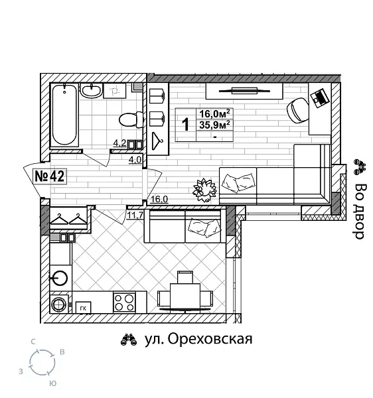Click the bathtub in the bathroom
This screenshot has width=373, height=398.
[x=64, y=115]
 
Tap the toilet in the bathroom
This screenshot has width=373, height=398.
[x=130, y=119]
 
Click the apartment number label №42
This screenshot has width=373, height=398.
[x=48, y=176]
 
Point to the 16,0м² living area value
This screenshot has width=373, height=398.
[x=216, y=113]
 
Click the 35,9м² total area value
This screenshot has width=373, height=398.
[x=216, y=124]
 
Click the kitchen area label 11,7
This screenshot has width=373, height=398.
[x=135, y=214]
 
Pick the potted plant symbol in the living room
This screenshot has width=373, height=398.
[x=204, y=189]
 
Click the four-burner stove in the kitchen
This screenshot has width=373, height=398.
[x=123, y=302]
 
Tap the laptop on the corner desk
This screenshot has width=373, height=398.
[x=320, y=97]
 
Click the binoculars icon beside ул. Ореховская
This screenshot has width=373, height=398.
[x=128, y=340]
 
